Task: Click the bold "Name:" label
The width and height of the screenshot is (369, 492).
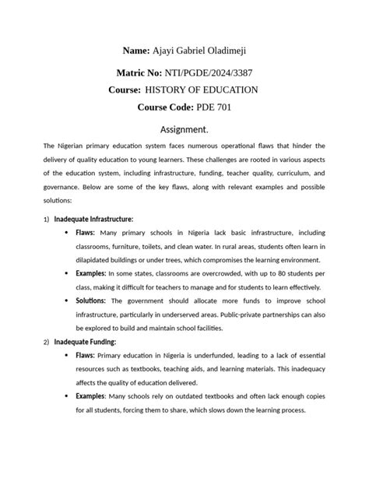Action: click(x=139, y=51)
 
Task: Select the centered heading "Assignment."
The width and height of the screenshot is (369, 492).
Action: click(x=184, y=129)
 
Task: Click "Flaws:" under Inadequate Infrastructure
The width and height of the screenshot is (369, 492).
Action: click(x=86, y=233)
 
